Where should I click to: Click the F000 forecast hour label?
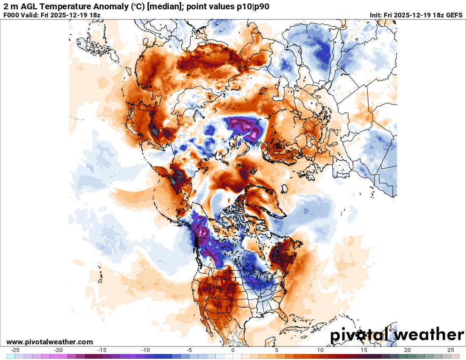point(11,15)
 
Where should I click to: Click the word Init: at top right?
point(377,15)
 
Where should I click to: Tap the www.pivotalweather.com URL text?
point(50,342)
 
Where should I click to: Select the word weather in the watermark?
point(430,335)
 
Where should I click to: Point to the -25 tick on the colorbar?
point(15,350)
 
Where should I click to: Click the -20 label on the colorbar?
point(58,350)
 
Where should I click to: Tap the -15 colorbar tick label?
point(102,350)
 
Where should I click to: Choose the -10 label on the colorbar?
point(146,350)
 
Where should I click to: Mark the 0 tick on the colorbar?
point(233,350)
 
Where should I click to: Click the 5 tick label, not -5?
point(277,350)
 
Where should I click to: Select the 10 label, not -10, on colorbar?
point(320,350)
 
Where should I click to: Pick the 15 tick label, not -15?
point(364,350)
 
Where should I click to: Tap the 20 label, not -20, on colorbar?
point(408,350)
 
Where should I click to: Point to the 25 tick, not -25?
point(451,350)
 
